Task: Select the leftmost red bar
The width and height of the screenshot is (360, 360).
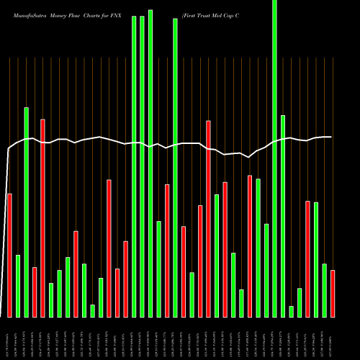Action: click(9, 255)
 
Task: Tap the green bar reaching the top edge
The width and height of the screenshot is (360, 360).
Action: click(274, 158)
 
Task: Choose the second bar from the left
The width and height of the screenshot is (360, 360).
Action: click(18, 286)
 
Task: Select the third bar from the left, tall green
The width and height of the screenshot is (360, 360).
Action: click(27, 212)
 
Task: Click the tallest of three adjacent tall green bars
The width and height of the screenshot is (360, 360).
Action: click(150, 163)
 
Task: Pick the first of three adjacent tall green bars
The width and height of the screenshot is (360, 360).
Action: click(134, 166)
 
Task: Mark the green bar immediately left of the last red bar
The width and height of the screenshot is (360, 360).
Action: click(324, 290)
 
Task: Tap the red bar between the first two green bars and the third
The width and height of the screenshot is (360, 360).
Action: click(35, 292)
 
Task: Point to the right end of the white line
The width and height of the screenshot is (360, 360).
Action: click(331, 137)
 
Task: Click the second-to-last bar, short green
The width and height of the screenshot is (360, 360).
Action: click(324, 290)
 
